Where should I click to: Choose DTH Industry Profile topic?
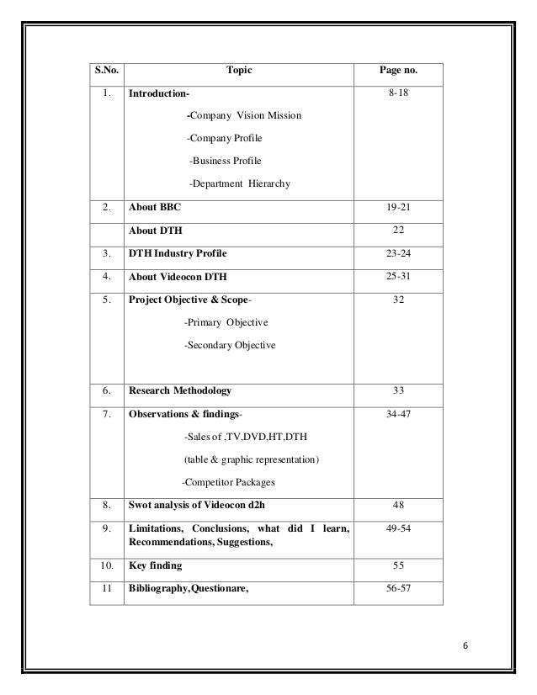[177, 252]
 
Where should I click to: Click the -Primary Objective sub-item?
[226, 322]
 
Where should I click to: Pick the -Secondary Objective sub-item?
[232, 345]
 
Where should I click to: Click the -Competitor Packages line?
[229, 482]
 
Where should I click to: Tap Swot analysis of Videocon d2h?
[201, 506]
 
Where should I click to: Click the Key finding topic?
[155, 568]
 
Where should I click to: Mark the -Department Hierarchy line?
[239, 183]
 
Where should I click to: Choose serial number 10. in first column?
[106, 568]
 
